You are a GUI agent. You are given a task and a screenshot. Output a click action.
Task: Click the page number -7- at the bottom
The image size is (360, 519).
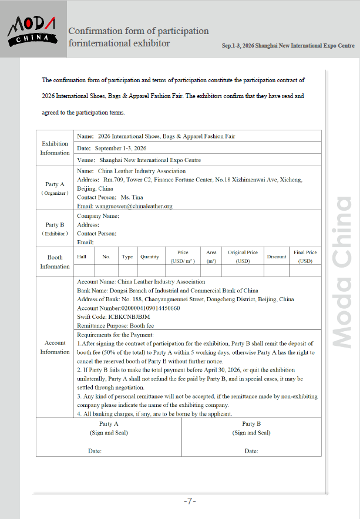pos(189,501)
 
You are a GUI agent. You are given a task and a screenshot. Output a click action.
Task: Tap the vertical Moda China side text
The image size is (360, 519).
pos(342,272)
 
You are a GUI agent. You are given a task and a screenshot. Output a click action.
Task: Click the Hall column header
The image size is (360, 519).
pos(82,257)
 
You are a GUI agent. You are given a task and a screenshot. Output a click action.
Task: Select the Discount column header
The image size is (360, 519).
pos(277,257)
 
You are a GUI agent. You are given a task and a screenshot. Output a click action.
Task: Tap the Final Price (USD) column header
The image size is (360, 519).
pos(305,257)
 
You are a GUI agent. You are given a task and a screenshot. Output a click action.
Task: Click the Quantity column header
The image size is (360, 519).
pos(150,257)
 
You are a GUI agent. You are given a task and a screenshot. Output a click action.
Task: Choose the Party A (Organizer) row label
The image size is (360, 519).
pos(55,188)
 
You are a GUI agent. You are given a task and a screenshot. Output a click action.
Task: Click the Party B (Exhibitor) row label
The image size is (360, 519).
pos(55,229)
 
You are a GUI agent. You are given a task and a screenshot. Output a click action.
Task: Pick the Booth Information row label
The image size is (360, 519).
pos(55,262)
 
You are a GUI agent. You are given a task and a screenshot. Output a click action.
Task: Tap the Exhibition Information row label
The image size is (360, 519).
pos(55,148)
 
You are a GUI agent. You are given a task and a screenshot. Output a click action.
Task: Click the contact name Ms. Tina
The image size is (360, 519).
pos(132,197)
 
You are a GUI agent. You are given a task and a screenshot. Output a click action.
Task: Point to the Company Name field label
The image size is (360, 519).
pos(98,215)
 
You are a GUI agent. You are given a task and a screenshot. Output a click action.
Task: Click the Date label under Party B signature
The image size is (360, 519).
pos(251,451)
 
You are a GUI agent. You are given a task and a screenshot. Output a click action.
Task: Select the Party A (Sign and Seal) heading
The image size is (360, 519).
pos(109,428)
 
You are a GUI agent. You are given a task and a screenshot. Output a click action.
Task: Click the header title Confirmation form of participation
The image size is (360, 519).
pos(139,31)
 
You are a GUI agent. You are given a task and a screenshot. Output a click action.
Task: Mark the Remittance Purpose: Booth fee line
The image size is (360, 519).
pos(116,325)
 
